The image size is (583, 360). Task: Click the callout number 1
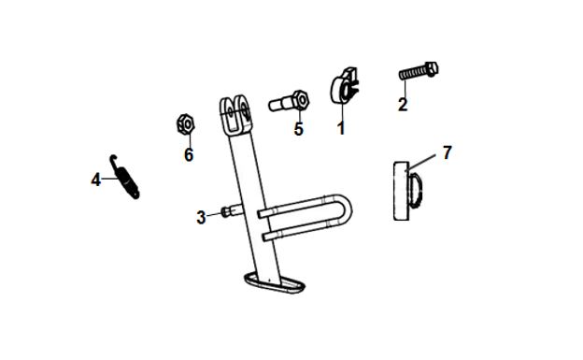(341, 128)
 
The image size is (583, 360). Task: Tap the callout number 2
(403, 105)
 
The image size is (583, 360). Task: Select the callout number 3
(201, 218)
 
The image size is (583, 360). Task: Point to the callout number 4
(96, 180)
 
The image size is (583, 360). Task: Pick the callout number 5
(299, 129)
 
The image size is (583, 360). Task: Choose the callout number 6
(189, 155)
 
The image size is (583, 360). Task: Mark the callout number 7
(447, 152)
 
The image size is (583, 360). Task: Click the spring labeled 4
(125, 178)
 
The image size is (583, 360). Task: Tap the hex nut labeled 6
(186, 124)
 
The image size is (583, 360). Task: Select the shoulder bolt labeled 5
(289, 101)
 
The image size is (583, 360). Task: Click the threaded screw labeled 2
(419, 71)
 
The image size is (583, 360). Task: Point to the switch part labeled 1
(345, 86)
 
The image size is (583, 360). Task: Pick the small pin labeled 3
(232, 211)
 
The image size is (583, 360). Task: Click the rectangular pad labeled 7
(406, 191)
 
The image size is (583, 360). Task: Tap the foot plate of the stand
(275, 283)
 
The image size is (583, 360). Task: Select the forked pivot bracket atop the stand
(235, 115)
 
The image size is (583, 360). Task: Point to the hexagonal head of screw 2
(432, 69)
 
